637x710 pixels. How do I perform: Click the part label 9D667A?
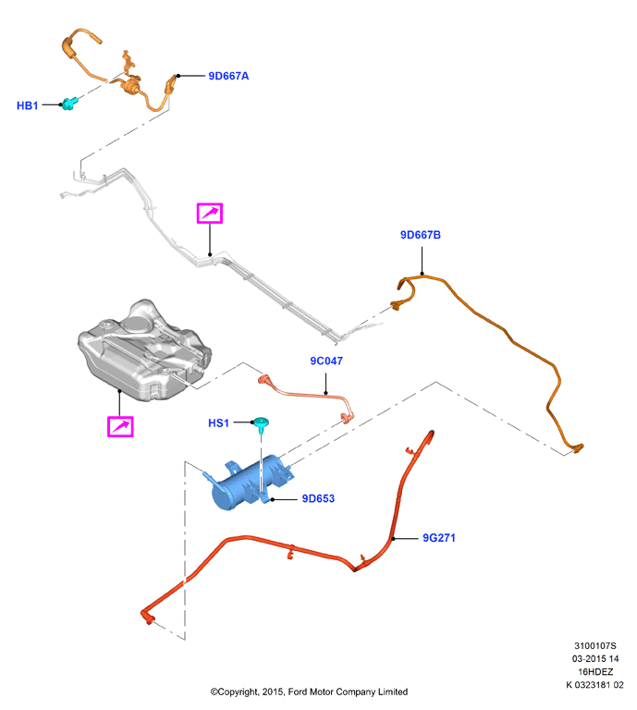pyautogui.click(x=228, y=76)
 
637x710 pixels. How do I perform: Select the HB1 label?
pyautogui.click(x=27, y=105)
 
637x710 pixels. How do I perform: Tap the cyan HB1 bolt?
pyautogui.click(x=69, y=104)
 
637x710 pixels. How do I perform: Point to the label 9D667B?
pyautogui.click(x=420, y=235)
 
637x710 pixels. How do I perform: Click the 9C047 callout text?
pyautogui.click(x=326, y=361)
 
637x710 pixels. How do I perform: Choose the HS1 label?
pyautogui.click(x=218, y=422)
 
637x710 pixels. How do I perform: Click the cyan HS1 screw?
pyautogui.click(x=262, y=424)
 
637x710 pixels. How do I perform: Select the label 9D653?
pyautogui.click(x=318, y=498)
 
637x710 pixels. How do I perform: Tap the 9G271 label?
pyautogui.click(x=439, y=537)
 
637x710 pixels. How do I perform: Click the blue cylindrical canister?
pyautogui.click(x=248, y=483)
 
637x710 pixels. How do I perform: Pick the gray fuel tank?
pyautogui.click(x=144, y=350)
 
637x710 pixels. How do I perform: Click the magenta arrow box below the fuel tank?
pyautogui.click(x=120, y=426)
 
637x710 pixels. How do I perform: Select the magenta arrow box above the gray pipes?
pyautogui.click(x=210, y=214)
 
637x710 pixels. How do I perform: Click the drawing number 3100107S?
pyautogui.click(x=594, y=645)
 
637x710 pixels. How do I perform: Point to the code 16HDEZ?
pyautogui.click(x=594, y=671)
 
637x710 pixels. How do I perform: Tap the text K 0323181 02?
pyautogui.click(x=594, y=685)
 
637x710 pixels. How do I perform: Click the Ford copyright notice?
pyautogui.click(x=309, y=692)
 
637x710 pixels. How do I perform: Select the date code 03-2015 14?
pyautogui.click(x=594, y=658)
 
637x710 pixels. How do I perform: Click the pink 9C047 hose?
pyautogui.click(x=308, y=395)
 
